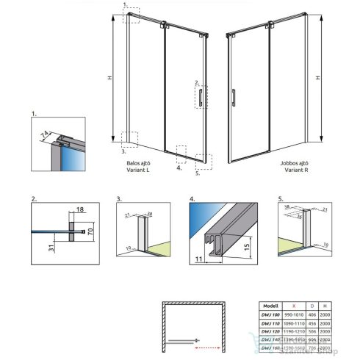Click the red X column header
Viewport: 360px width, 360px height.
(x=294, y=302)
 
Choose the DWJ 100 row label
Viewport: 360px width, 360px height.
(x=271, y=312)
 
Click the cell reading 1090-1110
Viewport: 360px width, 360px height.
(x=294, y=321)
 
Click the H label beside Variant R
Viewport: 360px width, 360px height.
(x=317, y=77)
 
